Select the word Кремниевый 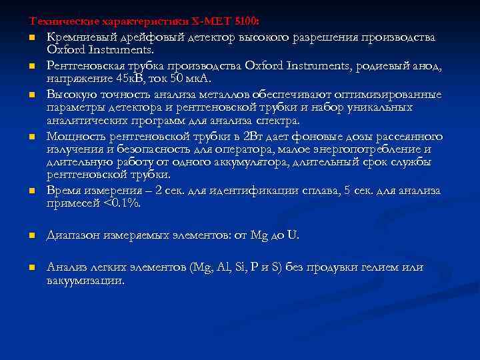pos(78,37)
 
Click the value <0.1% pos(123,204)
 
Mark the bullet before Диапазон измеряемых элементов pos(31,236)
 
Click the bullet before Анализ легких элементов pos(31,268)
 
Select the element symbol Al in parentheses pos(223,267)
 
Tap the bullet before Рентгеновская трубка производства pos(31,65)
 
